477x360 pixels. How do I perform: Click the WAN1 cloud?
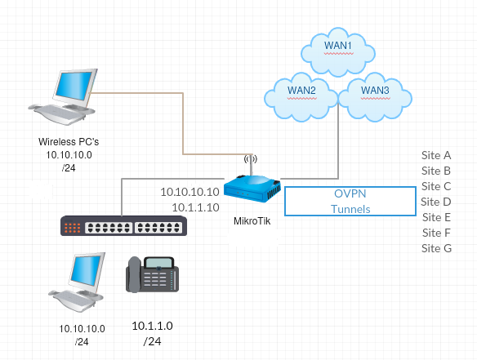click(338, 51)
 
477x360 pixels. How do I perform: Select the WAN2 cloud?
click(301, 97)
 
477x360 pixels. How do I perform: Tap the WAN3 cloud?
click(375, 97)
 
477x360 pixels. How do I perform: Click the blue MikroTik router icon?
click(252, 189)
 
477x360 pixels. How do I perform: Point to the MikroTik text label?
click(252, 221)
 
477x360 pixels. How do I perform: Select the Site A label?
click(436, 155)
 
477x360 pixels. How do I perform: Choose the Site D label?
click(436, 202)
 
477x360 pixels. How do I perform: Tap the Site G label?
click(436, 248)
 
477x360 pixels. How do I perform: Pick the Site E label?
click(436, 217)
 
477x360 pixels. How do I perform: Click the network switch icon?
click(124, 225)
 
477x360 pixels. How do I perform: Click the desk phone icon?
click(152, 274)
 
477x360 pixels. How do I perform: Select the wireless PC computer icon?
click(63, 96)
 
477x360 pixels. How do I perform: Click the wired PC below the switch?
click(78, 282)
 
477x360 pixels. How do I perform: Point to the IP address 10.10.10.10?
click(189, 192)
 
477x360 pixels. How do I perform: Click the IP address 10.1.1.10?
click(195, 207)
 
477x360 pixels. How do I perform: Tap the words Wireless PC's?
click(69, 142)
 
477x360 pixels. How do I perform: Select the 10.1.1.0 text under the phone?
click(153, 326)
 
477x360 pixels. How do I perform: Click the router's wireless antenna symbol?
click(251, 158)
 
